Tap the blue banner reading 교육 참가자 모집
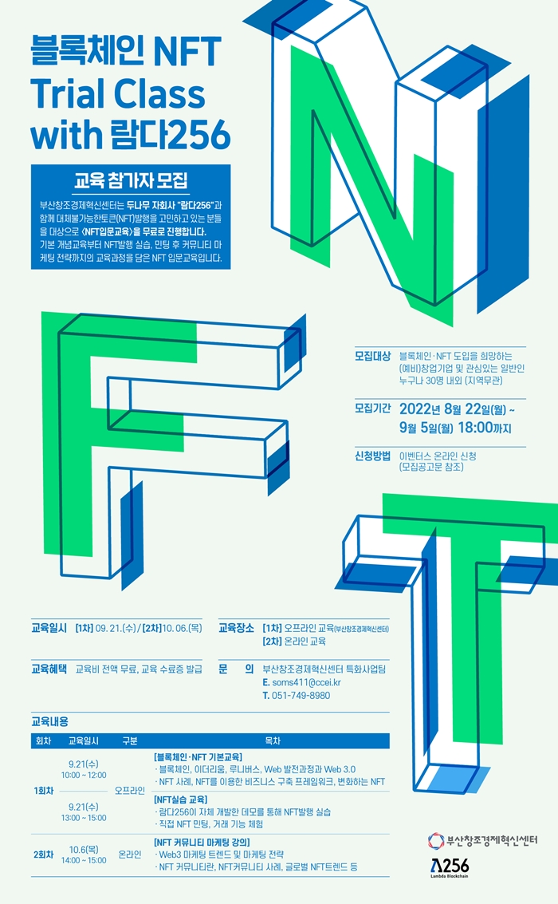pos(131,177)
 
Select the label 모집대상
pos(372,355)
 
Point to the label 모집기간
pos(372,409)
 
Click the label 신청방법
pos(372,456)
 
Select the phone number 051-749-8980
pos(301,696)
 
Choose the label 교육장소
pos(236,628)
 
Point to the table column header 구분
pos(130,740)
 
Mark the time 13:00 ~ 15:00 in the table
pos(83,817)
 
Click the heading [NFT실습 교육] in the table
pos(181,799)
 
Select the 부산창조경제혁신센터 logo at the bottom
pos(483,840)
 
